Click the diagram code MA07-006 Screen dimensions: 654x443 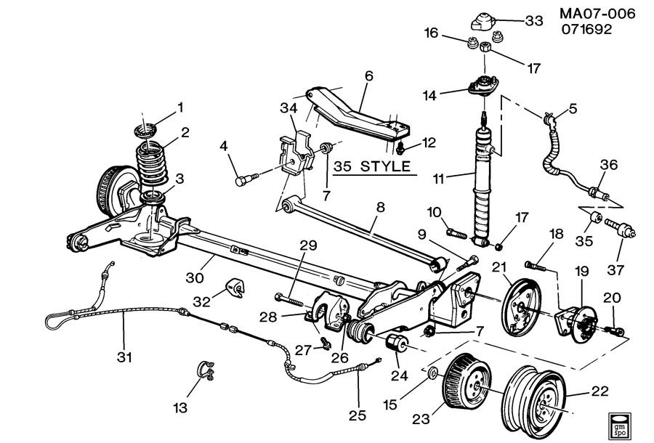pyautogui.click(x=597, y=14)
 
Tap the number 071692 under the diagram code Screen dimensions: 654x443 pyautogui.click(x=586, y=30)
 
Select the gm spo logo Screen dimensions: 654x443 pyautogui.click(x=619, y=425)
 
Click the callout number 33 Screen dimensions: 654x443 pyautogui.click(x=534, y=20)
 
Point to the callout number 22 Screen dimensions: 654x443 pyautogui.click(x=599, y=391)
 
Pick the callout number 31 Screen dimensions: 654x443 pyautogui.click(x=124, y=357)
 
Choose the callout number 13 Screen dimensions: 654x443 pyautogui.click(x=180, y=407)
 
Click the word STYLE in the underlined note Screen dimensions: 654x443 pyautogui.click(x=385, y=167)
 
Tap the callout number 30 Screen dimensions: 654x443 pyautogui.click(x=194, y=277)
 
